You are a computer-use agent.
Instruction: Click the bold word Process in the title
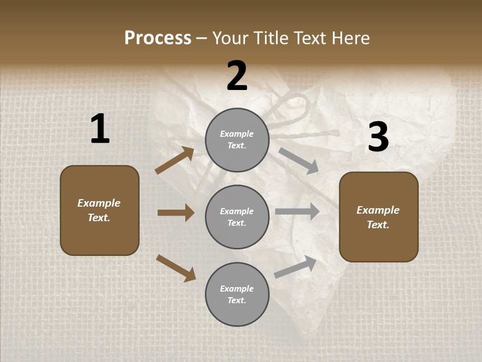click(158, 38)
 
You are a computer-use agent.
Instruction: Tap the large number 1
click(100, 129)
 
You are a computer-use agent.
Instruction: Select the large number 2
click(237, 76)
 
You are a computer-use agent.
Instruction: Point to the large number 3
click(378, 137)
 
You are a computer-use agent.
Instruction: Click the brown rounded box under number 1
click(99, 210)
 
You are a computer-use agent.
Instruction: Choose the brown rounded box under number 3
click(379, 217)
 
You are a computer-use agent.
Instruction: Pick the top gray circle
click(237, 140)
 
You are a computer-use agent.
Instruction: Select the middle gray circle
click(237, 217)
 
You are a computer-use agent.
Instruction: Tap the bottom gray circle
click(237, 294)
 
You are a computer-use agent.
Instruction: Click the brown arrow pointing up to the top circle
click(175, 160)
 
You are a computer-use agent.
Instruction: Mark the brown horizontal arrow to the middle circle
click(176, 213)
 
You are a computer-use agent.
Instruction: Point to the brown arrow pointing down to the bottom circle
click(176, 267)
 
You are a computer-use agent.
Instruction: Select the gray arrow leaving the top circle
click(298, 160)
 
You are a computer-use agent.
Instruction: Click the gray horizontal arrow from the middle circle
click(297, 212)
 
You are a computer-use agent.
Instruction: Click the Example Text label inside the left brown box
click(99, 210)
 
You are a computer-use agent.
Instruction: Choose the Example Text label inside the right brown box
click(378, 217)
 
